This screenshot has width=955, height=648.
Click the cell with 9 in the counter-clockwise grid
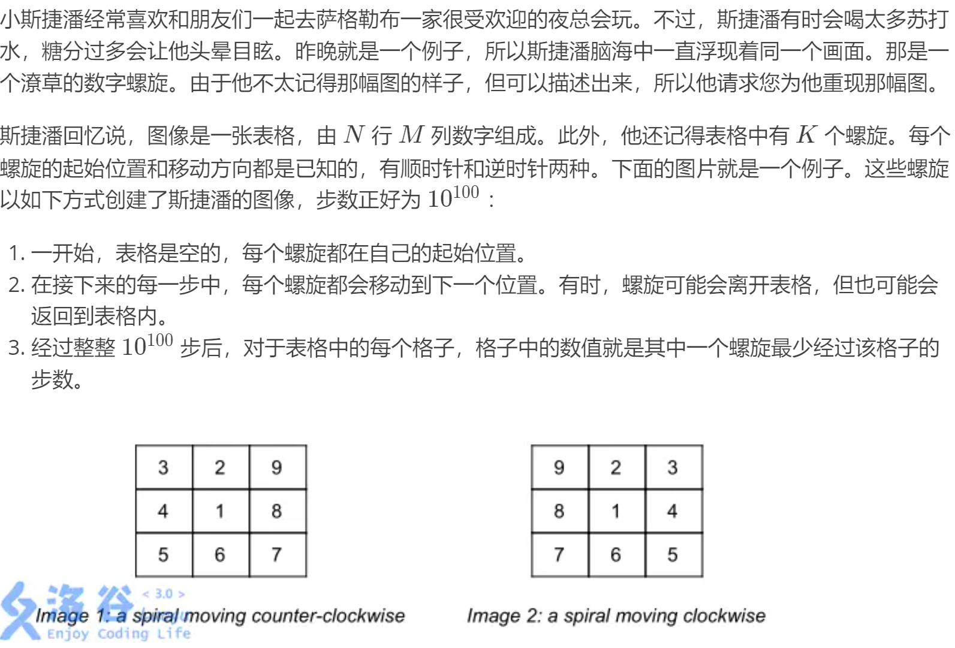coord(277,468)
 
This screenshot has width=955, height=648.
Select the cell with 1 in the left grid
coord(220,511)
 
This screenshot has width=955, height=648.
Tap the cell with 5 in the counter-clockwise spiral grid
coord(163,554)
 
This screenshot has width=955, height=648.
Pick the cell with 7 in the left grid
coord(277,554)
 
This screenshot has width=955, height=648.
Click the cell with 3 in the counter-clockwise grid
coord(163,468)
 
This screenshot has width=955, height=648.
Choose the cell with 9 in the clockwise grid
coord(559,468)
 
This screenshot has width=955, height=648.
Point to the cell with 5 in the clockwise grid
coord(673,554)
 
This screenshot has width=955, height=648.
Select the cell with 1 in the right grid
coord(616,511)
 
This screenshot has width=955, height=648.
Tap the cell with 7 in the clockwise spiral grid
coord(559,554)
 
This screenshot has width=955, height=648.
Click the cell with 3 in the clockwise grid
coord(673,468)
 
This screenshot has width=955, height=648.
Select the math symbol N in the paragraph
coord(354,135)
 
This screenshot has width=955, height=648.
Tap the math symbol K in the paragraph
coord(806,135)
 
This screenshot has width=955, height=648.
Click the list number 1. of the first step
coord(16,254)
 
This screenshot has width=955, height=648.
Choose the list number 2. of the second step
coord(16,285)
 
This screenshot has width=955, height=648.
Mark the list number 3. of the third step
coord(16,348)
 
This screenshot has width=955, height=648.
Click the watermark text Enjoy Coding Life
coord(119,634)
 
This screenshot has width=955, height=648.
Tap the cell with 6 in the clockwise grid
coord(616,554)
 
